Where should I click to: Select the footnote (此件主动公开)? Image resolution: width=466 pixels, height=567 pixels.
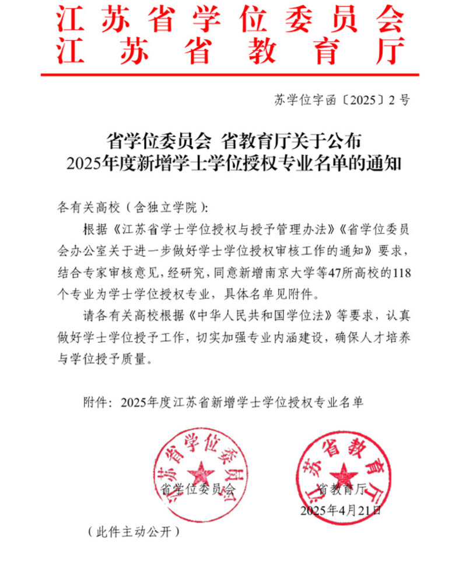133,532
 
